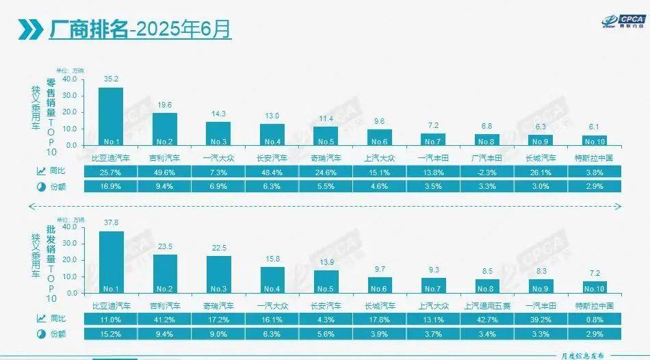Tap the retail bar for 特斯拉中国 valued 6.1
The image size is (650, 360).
click(594, 140)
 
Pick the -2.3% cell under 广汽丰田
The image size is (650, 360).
click(486, 172)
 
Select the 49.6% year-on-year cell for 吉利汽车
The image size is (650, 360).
click(164, 172)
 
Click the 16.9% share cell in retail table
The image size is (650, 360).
click(111, 185)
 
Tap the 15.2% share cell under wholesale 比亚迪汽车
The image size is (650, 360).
click(111, 333)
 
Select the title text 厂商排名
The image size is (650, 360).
click(88, 29)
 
